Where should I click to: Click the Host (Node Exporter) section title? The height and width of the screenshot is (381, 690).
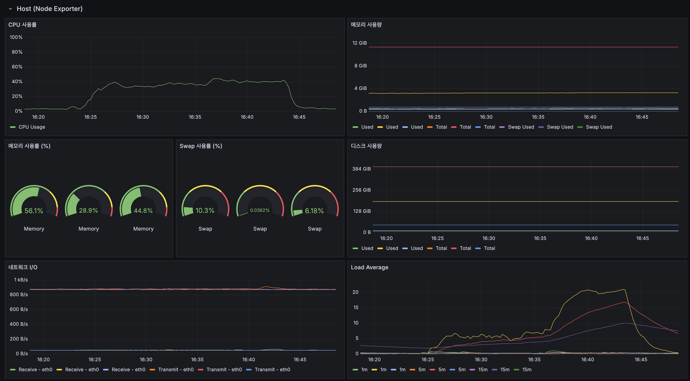50,9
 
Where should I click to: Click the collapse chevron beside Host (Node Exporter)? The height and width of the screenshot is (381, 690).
10,9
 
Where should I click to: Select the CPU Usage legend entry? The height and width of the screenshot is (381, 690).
32,127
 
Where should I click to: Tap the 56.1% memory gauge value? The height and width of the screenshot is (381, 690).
34,211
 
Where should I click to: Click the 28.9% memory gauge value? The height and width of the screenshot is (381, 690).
88,211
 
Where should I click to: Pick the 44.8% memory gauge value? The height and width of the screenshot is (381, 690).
143,211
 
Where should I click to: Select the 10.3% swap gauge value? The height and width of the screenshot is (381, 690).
205,211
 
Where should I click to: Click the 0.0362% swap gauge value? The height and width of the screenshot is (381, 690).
260,210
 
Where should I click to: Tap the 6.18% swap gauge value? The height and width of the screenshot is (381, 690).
314,211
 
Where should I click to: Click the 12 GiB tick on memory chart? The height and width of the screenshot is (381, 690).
359,43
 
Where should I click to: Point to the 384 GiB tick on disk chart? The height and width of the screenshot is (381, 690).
361,169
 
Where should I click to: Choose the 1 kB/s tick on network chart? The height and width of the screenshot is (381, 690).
21,280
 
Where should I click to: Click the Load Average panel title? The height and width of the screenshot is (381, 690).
369,267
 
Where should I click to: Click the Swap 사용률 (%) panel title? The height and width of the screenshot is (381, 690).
201,146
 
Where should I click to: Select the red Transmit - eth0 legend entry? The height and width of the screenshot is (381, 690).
224,369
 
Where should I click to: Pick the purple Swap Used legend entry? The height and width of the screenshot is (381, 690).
521,127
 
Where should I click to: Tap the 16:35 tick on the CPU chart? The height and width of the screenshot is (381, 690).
195,117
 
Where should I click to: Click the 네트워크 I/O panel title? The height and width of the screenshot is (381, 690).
23,267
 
